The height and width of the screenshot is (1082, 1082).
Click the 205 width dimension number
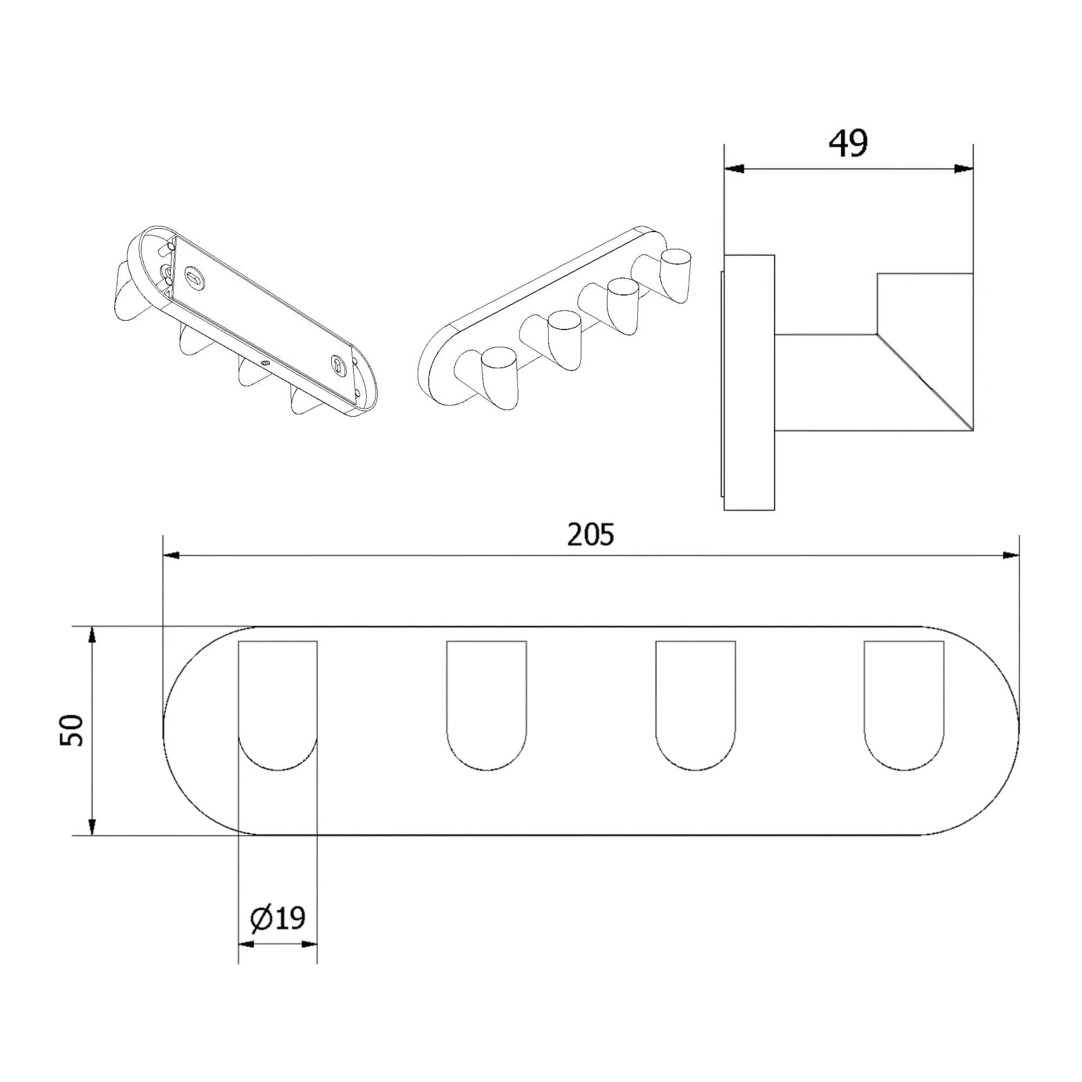pyautogui.click(x=590, y=535)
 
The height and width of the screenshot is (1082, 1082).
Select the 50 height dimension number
pyautogui.click(x=72, y=730)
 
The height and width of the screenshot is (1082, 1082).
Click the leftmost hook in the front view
pyautogui.click(x=278, y=705)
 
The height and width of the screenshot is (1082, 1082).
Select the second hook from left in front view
pyautogui.click(x=486, y=705)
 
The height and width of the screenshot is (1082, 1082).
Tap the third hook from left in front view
pyautogui.click(x=695, y=705)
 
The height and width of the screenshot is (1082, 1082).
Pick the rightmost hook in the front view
pyautogui.click(x=904, y=705)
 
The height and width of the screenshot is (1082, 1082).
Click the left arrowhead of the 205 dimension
pyautogui.click(x=171, y=556)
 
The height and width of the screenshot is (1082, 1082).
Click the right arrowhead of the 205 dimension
pyautogui.click(x=1010, y=556)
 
